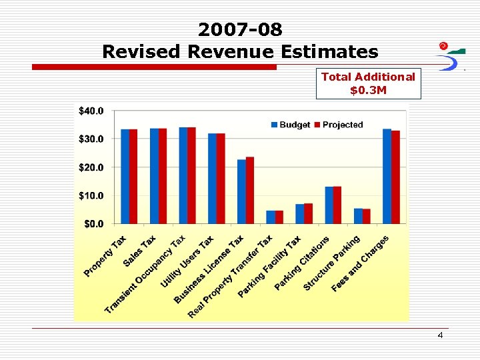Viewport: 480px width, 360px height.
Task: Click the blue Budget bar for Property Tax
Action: [125, 177]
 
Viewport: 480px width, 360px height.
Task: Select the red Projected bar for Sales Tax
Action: [163, 176]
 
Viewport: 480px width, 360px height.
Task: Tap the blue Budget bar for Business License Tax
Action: [241, 191]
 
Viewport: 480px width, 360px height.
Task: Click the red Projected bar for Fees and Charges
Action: [395, 177]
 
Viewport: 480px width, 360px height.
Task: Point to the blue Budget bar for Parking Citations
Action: [329, 205]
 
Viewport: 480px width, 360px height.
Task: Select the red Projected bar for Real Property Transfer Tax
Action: [279, 217]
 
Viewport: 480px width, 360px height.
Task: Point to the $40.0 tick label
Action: [91, 111]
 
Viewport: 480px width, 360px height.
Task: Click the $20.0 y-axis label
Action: [91, 167]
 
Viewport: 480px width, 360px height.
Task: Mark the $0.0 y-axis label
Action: [93, 224]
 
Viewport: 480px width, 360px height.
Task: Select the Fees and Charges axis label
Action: [360, 263]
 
